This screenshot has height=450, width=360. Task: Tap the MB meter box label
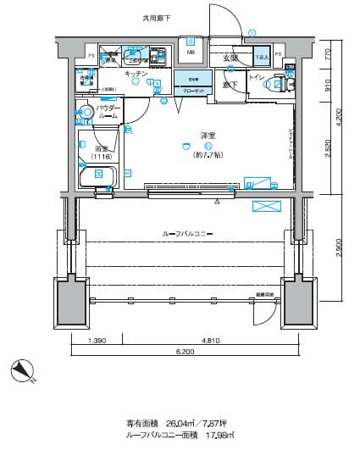coord(191,52)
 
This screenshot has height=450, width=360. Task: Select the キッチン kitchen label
coord(136,75)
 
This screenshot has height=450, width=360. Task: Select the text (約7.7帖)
coord(208,153)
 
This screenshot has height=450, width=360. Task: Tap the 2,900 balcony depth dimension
coord(339,252)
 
